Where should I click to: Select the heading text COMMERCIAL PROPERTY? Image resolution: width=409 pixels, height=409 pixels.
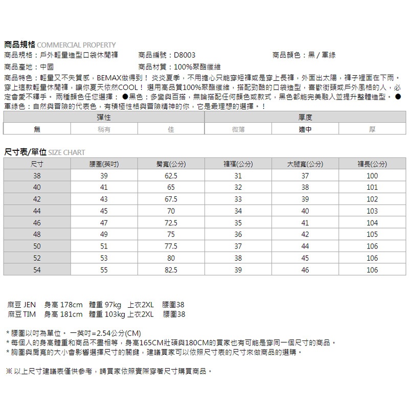[x=77, y=44]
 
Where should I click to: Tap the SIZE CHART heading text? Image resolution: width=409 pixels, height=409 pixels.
[x=66, y=152]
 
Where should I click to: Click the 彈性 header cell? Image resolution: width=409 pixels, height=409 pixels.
[x=104, y=118]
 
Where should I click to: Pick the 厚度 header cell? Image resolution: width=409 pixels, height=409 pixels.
[x=305, y=118]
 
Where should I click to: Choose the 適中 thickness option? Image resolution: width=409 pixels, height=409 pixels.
[x=305, y=129]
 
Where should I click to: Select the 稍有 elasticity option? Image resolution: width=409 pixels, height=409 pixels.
[x=104, y=129]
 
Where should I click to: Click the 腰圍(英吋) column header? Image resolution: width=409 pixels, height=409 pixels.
[x=104, y=164]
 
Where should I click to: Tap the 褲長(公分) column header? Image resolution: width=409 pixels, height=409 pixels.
[x=372, y=164]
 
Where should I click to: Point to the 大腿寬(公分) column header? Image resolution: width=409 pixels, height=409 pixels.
[x=305, y=164]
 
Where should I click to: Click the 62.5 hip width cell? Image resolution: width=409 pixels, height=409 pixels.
[x=171, y=176]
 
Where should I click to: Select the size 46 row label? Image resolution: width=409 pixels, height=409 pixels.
[x=37, y=223]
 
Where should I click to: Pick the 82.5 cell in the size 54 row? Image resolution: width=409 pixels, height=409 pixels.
[x=171, y=270]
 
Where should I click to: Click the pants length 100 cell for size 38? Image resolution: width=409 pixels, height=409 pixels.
[x=372, y=176]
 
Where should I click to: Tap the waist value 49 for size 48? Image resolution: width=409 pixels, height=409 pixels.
[x=104, y=235]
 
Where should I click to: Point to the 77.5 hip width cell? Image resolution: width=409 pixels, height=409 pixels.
[x=171, y=246]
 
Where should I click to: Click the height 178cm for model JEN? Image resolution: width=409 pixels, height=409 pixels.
[x=71, y=305]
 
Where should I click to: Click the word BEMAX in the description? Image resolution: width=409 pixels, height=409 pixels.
[x=108, y=78]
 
